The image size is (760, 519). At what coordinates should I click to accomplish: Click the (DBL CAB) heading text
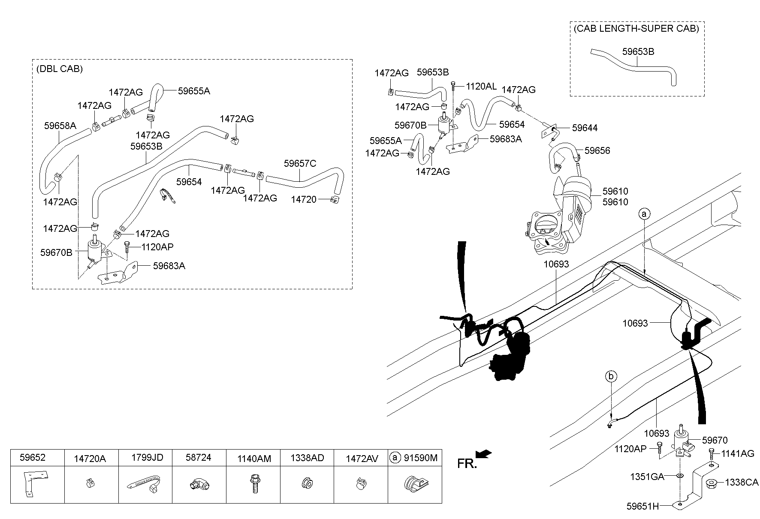(60, 69)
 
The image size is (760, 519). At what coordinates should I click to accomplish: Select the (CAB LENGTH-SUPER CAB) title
(636, 29)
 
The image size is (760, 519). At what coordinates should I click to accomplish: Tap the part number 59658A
(60, 126)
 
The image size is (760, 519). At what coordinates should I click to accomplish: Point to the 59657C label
(300, 163)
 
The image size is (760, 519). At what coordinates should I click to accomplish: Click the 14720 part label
(304, 199)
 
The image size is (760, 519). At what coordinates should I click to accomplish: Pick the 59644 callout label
(585, 128)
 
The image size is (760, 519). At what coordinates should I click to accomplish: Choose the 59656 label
(597, 150)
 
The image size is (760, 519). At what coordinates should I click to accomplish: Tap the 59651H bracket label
(642, 506)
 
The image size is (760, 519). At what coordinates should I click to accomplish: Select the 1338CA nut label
(742, 483)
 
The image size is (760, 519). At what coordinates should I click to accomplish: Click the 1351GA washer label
(647, 477)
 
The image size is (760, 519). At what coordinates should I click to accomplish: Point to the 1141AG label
(737, 453)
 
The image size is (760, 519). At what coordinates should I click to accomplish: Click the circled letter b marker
(611, 376)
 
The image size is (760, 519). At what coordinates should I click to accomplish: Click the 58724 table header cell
(199, 457)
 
